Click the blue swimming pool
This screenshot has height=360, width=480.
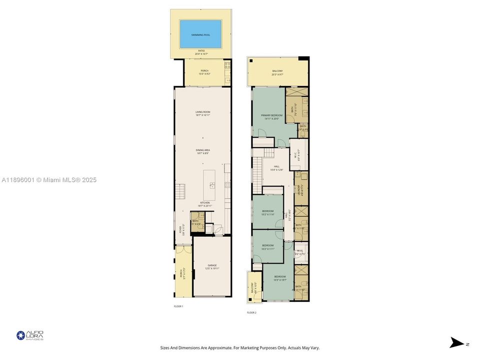click(202, 34)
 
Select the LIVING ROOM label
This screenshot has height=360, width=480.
click(202, 113)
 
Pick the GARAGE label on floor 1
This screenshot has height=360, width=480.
click(212, 266)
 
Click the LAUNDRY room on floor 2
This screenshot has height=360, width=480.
click(301, 188)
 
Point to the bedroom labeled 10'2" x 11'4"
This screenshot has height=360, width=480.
click(268, 212)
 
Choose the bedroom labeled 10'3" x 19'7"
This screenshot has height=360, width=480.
click(279, 278)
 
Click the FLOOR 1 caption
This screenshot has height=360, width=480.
click(178, 306)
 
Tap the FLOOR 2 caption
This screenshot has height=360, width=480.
click(251, 312)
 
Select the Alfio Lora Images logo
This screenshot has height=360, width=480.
click(30, 335)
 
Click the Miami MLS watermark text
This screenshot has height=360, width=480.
click(49, 180)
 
